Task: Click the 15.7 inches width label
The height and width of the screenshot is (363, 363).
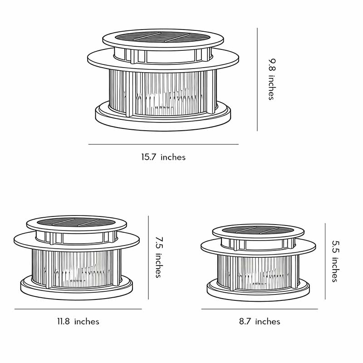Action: [x=163, y=157]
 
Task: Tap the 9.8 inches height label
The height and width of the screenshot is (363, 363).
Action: [x=271, y=79]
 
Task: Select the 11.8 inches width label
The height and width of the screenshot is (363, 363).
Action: [x=78, y=322]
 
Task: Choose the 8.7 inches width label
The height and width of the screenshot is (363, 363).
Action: [x=260, y=322]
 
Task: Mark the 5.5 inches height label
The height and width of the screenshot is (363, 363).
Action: [x=335, y=261]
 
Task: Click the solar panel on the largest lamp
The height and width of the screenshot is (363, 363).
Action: [x=162, y=37]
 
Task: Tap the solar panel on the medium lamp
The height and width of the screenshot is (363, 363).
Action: [x=76, y=222]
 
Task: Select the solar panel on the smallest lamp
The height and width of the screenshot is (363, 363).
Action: [x=258, y=230]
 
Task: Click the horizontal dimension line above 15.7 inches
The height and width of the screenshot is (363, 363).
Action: [x=163, y=144]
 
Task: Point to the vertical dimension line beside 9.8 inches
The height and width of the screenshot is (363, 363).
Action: [x=257, y=79]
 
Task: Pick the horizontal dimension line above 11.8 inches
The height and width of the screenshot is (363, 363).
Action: [x=78, y=309]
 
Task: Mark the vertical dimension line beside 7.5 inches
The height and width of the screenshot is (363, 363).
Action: [x=148, y=257]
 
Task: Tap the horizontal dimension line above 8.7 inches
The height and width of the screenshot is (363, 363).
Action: [x=260, y=309]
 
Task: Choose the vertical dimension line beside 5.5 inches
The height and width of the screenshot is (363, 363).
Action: [x=325, y=261]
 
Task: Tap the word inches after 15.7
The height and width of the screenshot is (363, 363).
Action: [x=173, y=157]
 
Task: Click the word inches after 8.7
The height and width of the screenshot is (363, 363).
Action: [x=268, y=322]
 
